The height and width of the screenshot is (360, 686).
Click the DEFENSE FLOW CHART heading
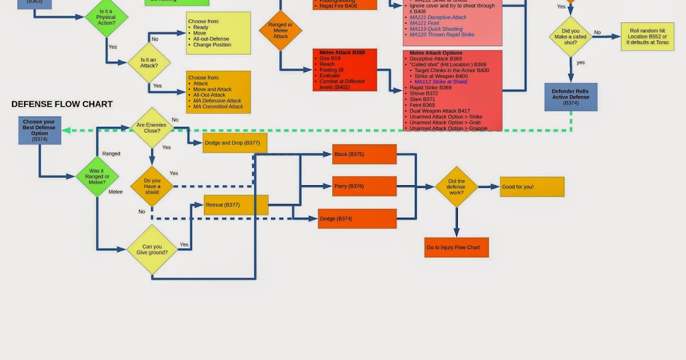pos(62,105)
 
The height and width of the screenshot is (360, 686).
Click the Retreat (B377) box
pos(236,205)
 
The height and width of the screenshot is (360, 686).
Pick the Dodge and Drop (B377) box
pos(234,143)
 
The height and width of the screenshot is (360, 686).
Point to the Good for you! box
pos(532,187)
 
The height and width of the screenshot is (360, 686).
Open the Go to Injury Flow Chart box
pos(456,247)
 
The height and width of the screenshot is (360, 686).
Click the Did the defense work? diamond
pos(456,187)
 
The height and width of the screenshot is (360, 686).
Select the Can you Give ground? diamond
pos(152,250)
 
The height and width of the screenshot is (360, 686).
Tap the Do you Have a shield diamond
pos(152,186)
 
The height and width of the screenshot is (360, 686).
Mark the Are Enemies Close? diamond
pos(152,127)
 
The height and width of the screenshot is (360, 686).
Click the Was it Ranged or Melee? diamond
pos(97,177)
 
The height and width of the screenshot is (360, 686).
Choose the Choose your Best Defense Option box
pos(39,130)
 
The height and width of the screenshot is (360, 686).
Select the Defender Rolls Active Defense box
pos(571,97)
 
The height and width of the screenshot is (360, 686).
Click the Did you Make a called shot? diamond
pos(571,37)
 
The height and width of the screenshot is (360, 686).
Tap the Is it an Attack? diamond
pos(149,62)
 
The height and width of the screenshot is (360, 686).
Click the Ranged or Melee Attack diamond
pos(280,30)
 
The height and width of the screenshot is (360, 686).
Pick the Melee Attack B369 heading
pos(342,53)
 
